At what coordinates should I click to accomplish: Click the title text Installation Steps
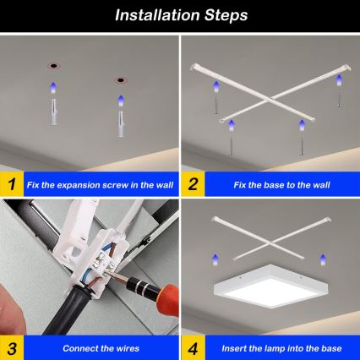tap(180, 14)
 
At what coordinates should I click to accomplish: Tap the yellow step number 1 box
tap(11, 183)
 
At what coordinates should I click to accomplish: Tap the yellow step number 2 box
tap(193, 183)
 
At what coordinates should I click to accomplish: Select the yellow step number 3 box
tap(11, 347)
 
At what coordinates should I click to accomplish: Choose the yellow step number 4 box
tap(193, 347)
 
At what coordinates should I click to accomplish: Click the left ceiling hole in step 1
tap(52, 65)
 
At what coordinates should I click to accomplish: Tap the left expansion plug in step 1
tap(52, 108)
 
